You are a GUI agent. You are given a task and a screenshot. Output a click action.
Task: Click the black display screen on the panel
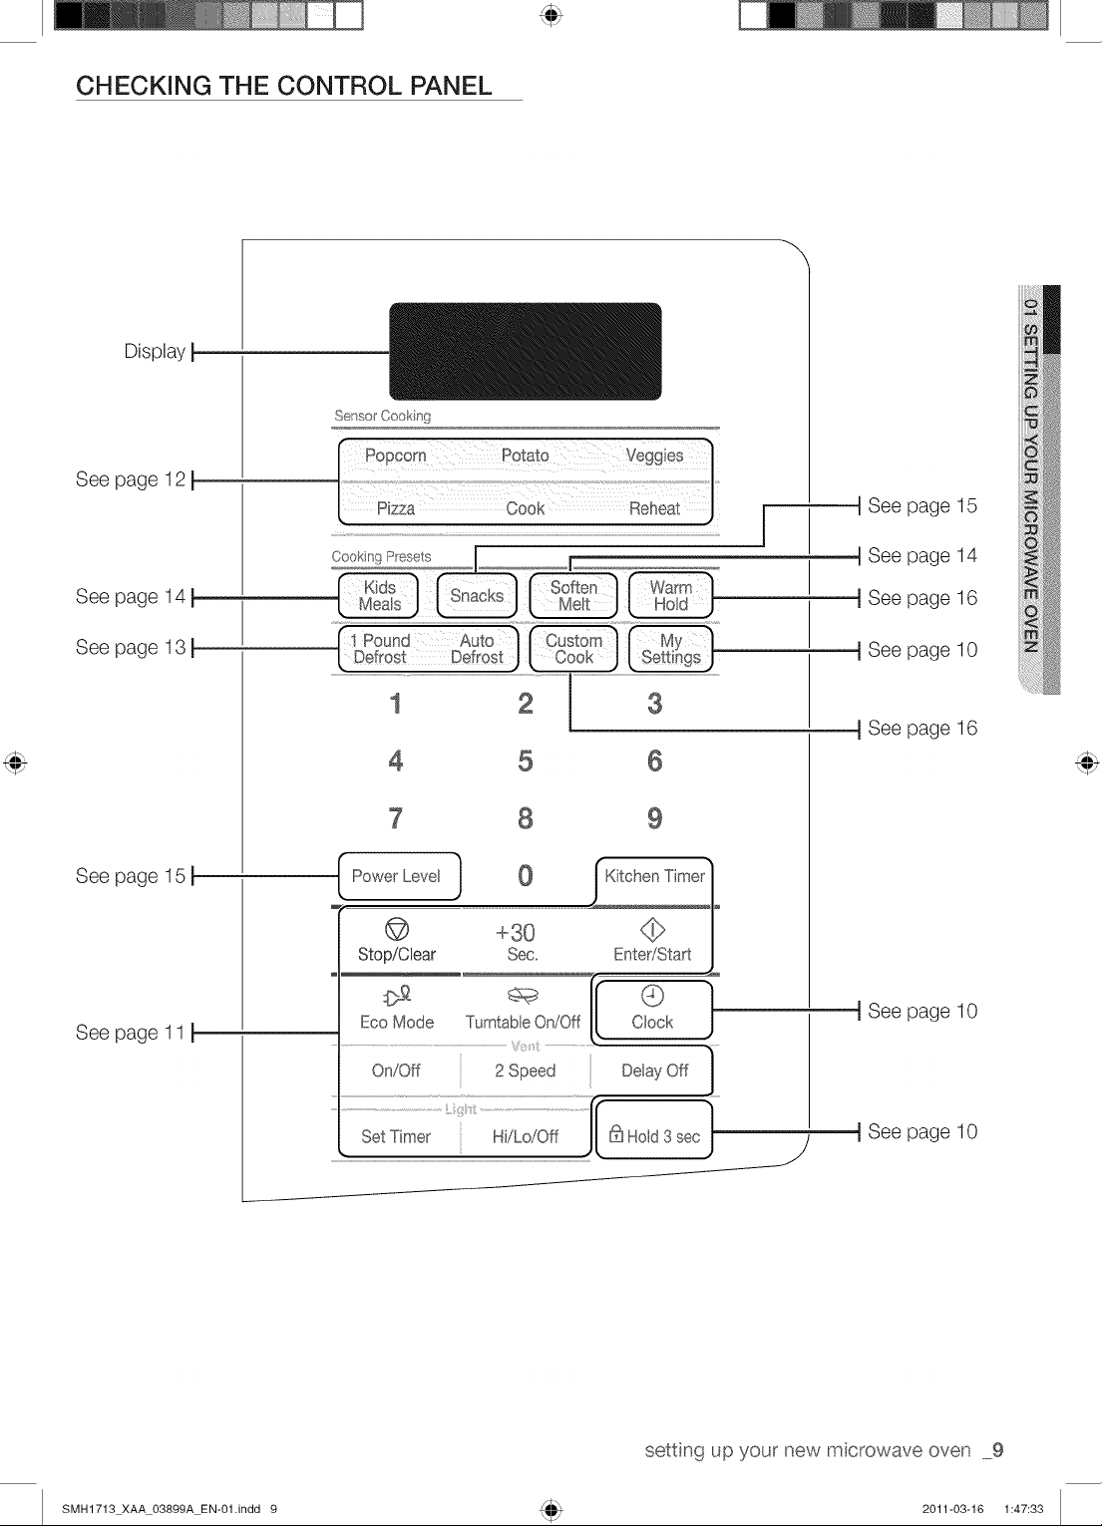click(x=525, y=351)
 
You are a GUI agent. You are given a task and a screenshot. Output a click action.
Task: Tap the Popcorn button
click(x=395, y=456)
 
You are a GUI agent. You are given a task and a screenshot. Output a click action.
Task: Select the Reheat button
click(x=654, y=509)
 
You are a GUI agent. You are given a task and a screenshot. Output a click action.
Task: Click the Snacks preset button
click(x=477, y=595)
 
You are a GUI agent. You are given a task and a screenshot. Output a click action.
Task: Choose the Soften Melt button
click(x=573, y=595)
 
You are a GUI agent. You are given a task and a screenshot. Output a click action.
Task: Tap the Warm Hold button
click(x=670, y=595)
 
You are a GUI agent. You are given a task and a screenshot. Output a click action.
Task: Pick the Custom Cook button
click(x=573, y=649)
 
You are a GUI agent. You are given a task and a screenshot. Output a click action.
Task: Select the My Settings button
click(x=670, y=649)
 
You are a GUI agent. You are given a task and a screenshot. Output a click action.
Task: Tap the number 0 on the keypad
click(x=525, y=875)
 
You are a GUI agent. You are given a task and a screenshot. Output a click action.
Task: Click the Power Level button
click(x=399, y=876)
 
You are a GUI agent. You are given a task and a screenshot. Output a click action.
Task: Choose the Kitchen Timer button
click(x=654, y=877)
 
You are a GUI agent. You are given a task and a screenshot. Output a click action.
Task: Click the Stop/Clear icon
click(x=397, y=929)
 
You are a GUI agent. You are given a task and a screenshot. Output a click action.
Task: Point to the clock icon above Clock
click(x=652, y=996)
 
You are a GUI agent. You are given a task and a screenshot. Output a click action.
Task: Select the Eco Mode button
click(x=397, y=1010)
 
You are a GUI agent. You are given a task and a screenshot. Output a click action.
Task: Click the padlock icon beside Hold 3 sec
click(x=615, y=1133)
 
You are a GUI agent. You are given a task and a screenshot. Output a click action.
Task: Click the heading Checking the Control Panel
click(x=283, y=86)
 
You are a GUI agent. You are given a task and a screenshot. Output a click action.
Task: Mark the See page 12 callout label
click(x=131, y=479)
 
